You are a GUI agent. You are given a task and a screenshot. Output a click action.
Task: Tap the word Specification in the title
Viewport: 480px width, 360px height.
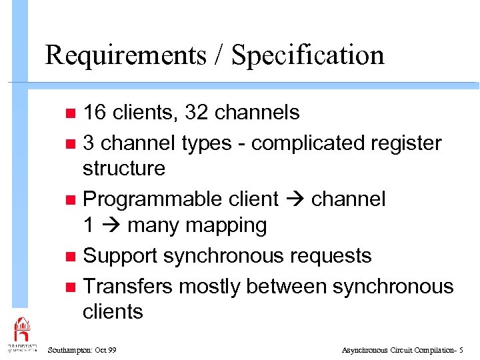click(307, 55)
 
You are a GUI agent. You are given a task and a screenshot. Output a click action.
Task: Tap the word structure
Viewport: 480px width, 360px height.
click(123, 168)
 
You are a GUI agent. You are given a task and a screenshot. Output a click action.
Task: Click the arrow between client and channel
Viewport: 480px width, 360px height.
click(294, 199)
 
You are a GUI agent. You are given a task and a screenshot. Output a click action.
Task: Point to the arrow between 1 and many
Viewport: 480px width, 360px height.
click(110, 226)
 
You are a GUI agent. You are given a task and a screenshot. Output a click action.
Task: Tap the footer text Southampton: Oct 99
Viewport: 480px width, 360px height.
click(82, 350)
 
